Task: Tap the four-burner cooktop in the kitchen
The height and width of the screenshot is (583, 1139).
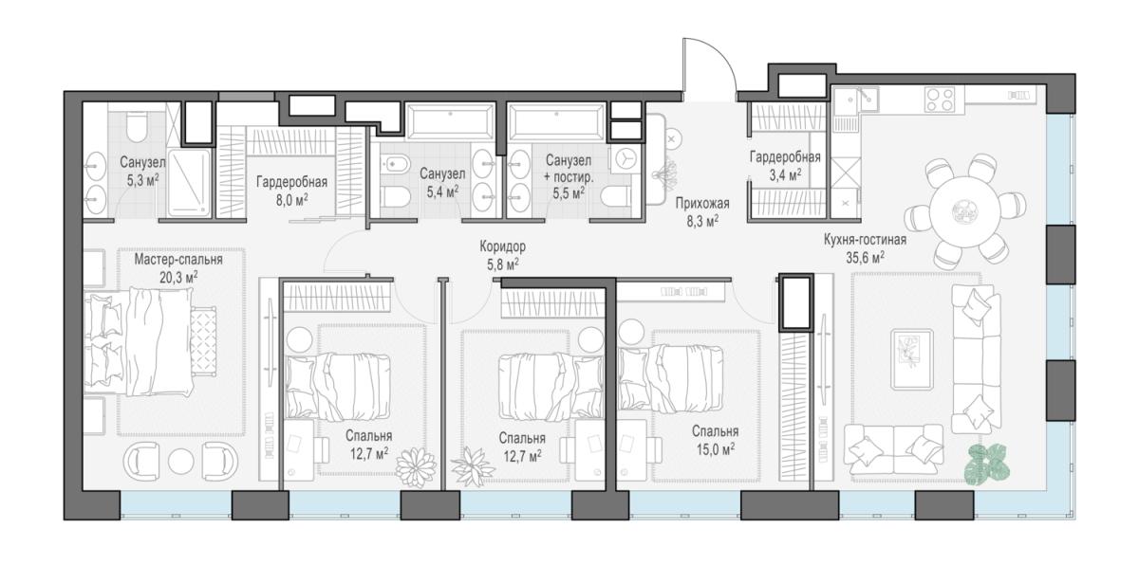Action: coord(939,99)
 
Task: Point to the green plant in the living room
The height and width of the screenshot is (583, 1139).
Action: coord(986,464)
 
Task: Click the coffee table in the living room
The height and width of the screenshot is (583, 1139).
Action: coord(912,359)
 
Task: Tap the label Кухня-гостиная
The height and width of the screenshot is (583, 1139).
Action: coord(865,239)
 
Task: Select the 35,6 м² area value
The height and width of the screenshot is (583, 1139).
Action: coord(865,258)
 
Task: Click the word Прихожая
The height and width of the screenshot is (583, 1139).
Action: coord(702,204)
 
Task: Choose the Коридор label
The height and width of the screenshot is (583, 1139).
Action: coord(502,246)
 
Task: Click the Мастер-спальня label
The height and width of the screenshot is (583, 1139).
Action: coord(178,260)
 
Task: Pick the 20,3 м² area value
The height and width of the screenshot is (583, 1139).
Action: coord(178,278)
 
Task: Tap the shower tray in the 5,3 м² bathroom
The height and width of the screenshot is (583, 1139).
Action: coord(189,182)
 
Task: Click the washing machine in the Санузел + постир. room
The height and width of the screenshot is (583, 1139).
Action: coord(623,159)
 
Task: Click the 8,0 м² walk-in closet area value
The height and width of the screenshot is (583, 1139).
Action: coord(292,200)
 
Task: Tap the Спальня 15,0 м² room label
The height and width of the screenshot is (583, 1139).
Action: coord(715,440)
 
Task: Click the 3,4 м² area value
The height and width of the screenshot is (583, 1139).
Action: coord(785,175)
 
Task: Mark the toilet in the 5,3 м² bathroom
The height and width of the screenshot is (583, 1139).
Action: coord(136,127)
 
